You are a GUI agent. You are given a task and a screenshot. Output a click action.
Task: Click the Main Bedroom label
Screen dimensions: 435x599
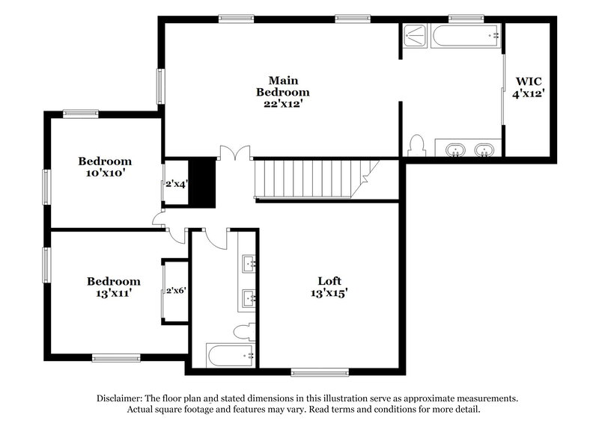click(x=279, y=91)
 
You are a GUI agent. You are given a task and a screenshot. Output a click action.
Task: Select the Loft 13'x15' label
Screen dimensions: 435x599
click(x=329, y=287)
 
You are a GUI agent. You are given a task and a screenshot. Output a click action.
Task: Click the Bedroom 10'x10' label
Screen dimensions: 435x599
click(x=106, y=167)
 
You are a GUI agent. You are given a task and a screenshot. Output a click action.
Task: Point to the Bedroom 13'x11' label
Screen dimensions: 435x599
click(x=113, y=288)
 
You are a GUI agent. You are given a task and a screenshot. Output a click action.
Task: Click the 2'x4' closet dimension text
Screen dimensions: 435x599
click(x=176, y=183)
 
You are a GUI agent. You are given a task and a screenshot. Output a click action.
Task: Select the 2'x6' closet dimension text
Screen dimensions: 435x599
click(x=176, y=291)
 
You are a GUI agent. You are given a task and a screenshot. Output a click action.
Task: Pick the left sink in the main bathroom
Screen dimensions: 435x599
click(x=454, y=151)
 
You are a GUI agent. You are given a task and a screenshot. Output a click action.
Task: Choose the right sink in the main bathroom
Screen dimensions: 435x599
click(x=485, y=151)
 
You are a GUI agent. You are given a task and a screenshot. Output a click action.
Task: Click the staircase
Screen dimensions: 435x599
click(x=307, y=179)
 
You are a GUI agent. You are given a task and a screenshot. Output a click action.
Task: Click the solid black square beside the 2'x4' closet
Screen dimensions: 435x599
click(x=201, y=183)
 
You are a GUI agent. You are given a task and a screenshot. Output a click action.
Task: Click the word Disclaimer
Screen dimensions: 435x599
click(x=123, y=398)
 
